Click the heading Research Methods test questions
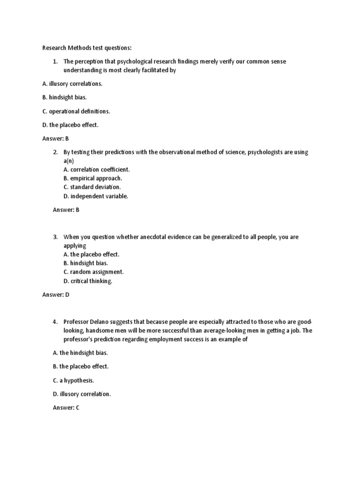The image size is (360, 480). coord(87,48)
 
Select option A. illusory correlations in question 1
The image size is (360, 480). coord(72,83)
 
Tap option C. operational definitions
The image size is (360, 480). coord(76,111)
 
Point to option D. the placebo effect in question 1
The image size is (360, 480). coord(70,125)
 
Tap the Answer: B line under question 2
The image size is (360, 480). coord(66,210)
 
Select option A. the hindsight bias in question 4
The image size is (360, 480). coord(77,352)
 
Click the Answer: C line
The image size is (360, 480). coord(66,408)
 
